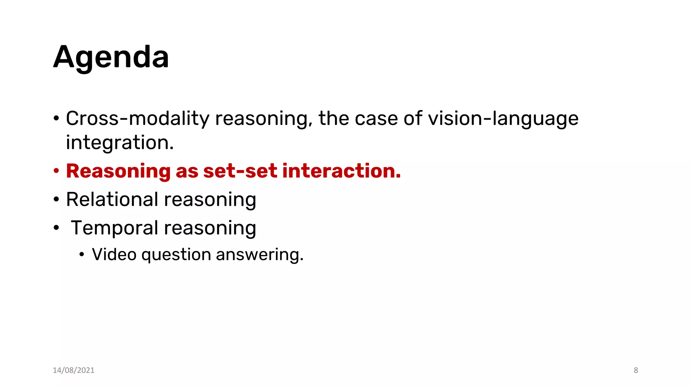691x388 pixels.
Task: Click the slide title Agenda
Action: [x=111, y=57]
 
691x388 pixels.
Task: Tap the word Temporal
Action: [x=115, y=228]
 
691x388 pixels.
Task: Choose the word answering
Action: [x=260, y=254]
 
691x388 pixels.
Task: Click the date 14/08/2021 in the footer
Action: [x=74, y=370]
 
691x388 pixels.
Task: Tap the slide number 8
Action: [x=636, y=370]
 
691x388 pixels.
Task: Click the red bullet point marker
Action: [x=56, y=171]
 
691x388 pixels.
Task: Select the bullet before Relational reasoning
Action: [x=56, y=200]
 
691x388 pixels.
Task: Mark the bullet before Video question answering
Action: [x=82, y=255]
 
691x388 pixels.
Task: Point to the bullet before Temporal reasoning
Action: [x=56, y=228]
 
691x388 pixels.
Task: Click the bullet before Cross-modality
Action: [x=56, y=119]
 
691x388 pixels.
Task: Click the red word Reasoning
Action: [x=118, y=171]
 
